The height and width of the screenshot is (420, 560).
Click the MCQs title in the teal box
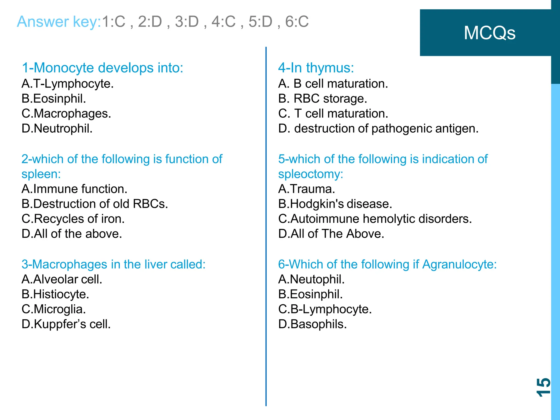(x=489, y=33)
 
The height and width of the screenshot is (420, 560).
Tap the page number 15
(x=544, y=387)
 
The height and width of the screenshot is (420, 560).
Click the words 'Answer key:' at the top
(x=59, y=22)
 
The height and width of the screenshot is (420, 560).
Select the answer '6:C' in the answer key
(x=297, y=22)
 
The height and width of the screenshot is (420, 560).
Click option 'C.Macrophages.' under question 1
(x=66, y=113)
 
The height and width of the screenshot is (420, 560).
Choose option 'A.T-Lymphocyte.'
(x=68, y=84)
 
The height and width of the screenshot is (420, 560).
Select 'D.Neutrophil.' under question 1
(x=57, y=129)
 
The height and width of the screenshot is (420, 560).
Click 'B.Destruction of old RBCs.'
(x=95, y=204)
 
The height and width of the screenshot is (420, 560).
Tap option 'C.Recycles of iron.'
(x=73, y=219)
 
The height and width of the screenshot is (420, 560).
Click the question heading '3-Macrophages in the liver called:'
(x=113, y=264)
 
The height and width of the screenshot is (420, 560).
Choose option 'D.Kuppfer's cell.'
(x=66, y=324)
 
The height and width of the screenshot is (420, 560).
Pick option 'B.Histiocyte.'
(x=56, y=294)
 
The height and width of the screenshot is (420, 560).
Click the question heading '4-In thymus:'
(x=316, y=68)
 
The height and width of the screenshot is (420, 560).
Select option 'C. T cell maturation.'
(x=333, y=113)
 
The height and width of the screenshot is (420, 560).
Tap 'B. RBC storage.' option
(x=323, y=99)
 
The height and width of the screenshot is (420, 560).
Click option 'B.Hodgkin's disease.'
(x=335, y=204)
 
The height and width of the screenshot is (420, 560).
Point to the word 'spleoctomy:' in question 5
(x=311, y=174)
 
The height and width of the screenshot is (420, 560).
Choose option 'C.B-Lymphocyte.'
(x=325, y=309)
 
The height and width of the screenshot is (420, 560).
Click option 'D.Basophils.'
(x=313, y=324)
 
